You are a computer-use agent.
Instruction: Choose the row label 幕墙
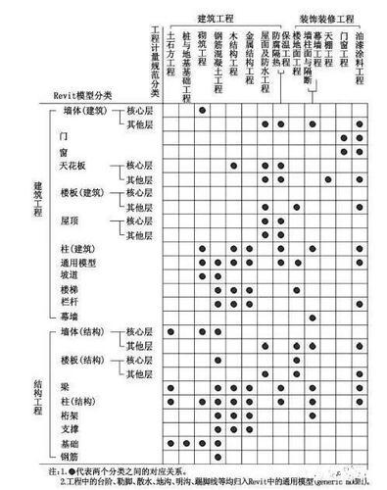(x=72, y=318)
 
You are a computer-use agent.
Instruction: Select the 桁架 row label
(x=72, y=415)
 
